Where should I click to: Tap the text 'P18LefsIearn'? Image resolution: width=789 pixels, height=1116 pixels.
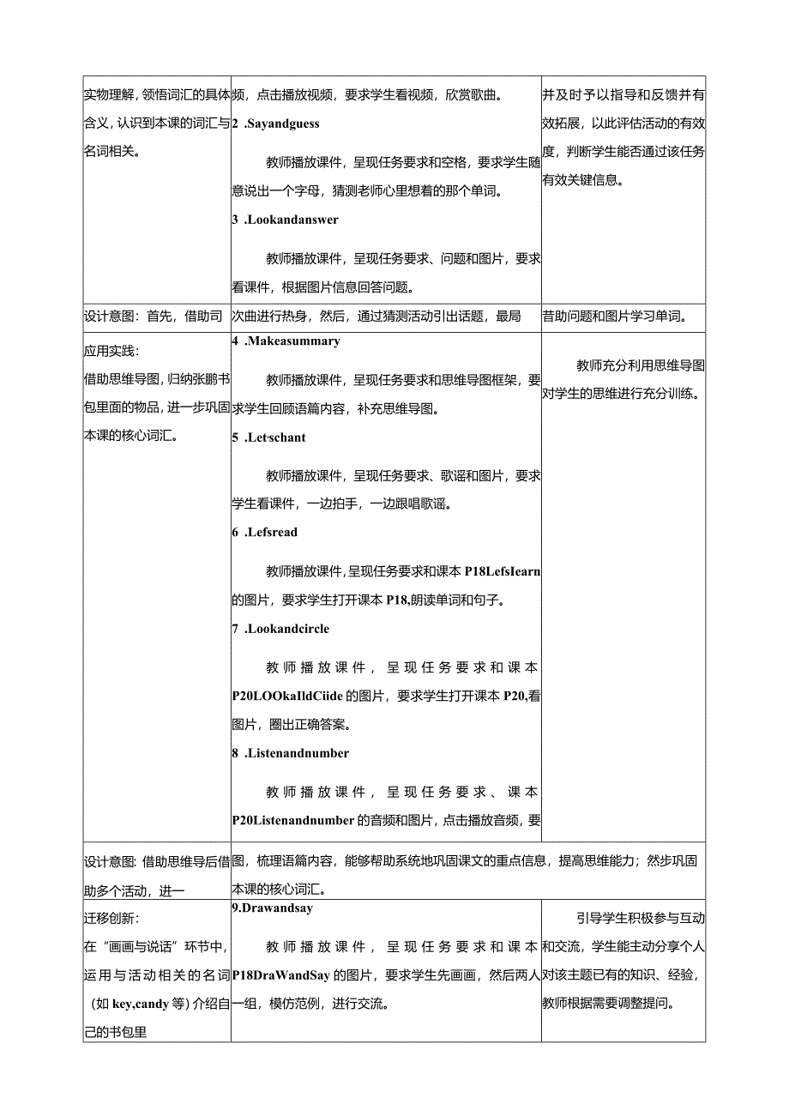502,570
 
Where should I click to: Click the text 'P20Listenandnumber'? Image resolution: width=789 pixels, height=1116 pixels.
293,820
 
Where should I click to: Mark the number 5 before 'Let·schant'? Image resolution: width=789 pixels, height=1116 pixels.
235,437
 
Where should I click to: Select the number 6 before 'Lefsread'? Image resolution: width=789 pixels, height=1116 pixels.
235,533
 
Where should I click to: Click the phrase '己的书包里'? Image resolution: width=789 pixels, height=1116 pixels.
116,1032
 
